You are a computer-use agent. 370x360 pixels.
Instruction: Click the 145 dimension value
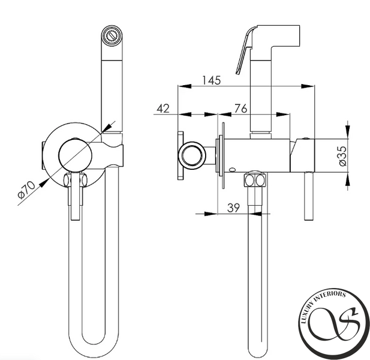pos(212,80)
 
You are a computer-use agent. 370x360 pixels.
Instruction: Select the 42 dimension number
pos(163,109)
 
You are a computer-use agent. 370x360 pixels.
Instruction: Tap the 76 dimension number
pos(240,109)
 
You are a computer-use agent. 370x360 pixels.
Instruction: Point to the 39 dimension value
pos(233,208)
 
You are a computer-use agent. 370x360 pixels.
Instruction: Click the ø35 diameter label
pos(342,156)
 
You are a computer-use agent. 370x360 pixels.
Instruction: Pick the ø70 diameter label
pos(26,190)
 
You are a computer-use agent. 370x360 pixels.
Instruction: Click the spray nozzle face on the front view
pos(112,36)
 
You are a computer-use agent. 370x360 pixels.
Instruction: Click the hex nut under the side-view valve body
pos(255,180)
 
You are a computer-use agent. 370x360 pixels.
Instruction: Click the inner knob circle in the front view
pos(75,155)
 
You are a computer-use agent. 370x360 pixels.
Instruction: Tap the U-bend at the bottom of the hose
pos(94,349)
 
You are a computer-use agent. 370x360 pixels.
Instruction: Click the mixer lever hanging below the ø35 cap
pos(308,196)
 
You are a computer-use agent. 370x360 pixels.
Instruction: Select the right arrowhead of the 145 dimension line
pos(308,86)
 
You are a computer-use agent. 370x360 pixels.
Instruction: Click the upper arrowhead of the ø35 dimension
pos(348,130)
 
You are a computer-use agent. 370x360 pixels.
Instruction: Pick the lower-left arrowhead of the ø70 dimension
pos(44,183)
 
